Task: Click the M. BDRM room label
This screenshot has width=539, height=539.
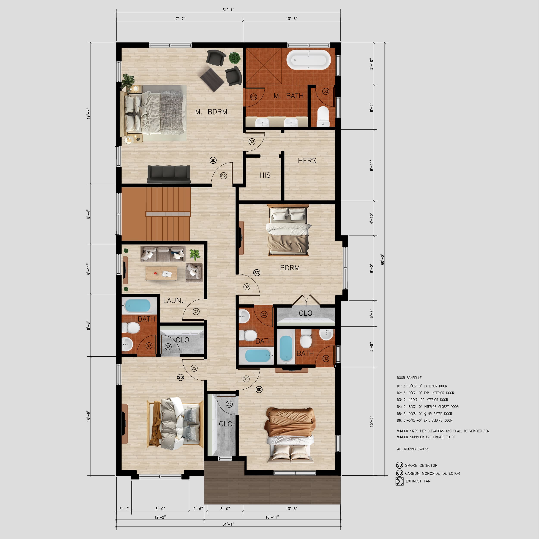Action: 211,112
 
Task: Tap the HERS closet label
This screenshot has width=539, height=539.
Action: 307,160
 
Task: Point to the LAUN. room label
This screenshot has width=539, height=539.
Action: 173,300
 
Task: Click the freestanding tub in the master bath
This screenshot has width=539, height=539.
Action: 309,60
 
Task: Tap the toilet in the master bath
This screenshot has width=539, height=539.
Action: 323,116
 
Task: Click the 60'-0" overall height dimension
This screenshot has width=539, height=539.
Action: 382,259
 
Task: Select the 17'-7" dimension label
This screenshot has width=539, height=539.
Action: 180,19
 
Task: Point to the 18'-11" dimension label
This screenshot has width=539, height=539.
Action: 272,517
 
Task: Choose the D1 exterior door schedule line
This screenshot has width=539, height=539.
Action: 422,386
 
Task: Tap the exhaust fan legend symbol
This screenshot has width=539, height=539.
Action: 400,481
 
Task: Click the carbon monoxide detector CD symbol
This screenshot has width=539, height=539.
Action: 400,473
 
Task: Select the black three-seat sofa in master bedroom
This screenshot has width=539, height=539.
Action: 169,174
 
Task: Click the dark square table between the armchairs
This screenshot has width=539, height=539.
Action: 212,80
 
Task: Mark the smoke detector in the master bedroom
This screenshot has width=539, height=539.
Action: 213,160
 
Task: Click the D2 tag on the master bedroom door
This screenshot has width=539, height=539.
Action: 223,176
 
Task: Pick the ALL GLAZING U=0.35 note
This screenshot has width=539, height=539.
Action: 413,449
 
